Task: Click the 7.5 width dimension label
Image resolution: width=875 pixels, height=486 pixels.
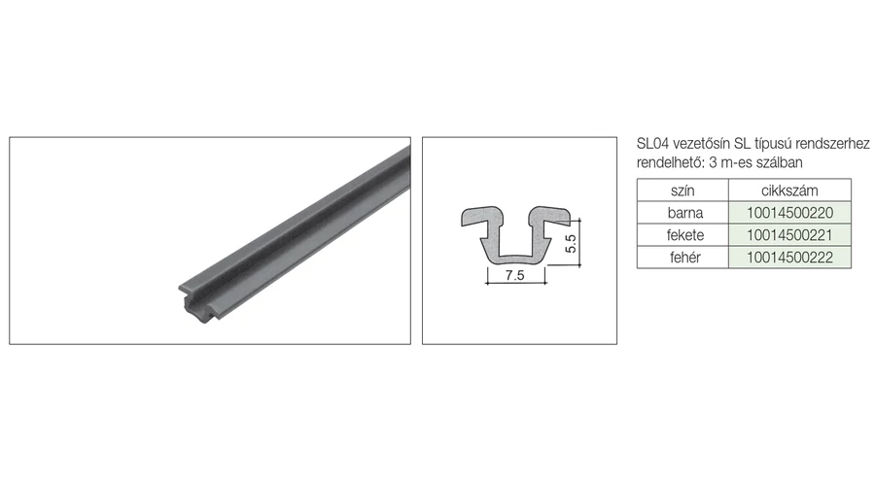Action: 514,275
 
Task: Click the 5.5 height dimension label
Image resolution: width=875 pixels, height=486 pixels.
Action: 571,244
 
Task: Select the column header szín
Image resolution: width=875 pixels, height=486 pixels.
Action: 682,191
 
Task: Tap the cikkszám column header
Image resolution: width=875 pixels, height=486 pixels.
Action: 789,191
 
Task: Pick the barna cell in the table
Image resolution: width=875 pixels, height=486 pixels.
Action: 685,213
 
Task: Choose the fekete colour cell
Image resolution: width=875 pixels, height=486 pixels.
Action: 685,235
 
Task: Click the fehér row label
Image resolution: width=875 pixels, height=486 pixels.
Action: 685,258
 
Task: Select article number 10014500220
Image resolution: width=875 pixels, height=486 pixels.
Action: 789,213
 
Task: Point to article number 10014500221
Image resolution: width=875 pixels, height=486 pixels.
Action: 789,235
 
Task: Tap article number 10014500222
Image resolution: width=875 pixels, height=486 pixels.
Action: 789,258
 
